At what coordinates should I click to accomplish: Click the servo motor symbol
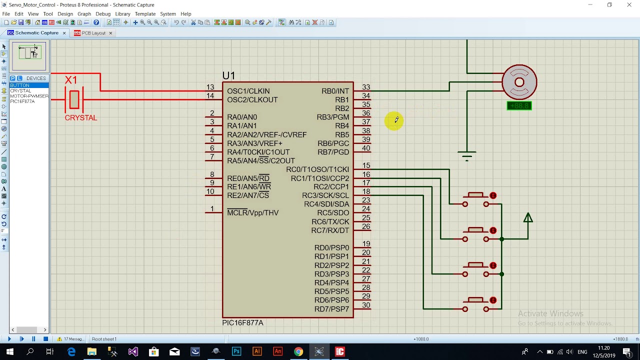pos(519,82)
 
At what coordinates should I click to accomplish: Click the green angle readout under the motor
pos(519,106)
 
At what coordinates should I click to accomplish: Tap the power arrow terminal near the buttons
pos(528,218)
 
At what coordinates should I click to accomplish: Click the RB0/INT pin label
pos(335,91)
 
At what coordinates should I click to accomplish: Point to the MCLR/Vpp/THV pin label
pos(252,213)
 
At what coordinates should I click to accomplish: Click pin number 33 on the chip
pos(366,87)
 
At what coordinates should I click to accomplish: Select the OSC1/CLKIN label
pos(248,91)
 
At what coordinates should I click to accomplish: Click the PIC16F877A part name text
pos(242,323)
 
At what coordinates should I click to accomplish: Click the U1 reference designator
pos(228,75)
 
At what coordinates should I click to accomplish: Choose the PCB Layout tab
pos(93,33)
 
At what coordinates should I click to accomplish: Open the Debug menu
pos(102,14)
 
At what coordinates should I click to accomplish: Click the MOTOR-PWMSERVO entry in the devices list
pos(29,96)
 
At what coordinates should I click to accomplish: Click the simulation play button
pos(9,339)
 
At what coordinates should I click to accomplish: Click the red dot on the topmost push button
pos(493,195)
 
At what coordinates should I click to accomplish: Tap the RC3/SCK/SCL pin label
pos(325,195)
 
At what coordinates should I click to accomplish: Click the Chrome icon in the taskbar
pos(298,352)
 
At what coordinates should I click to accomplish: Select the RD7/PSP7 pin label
pos(331,309)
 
